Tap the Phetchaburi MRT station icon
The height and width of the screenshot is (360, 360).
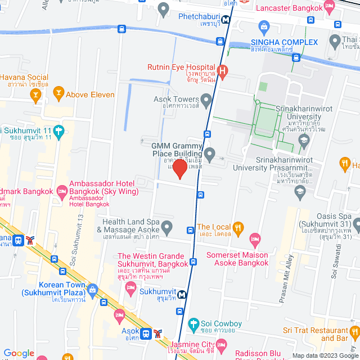tap(225, 19)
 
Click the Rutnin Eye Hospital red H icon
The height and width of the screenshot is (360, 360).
tap(223, 71)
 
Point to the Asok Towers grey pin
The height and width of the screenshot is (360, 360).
tap(206, 102)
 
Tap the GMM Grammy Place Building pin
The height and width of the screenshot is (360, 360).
tap(209, 153)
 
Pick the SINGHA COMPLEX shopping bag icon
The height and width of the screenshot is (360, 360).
tap(264, 26)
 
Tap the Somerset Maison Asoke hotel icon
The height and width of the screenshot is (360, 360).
tap(254, 238)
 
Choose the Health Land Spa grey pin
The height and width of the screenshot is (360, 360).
tap(166, 228)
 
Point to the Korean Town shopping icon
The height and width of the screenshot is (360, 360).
tap(92, 290)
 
